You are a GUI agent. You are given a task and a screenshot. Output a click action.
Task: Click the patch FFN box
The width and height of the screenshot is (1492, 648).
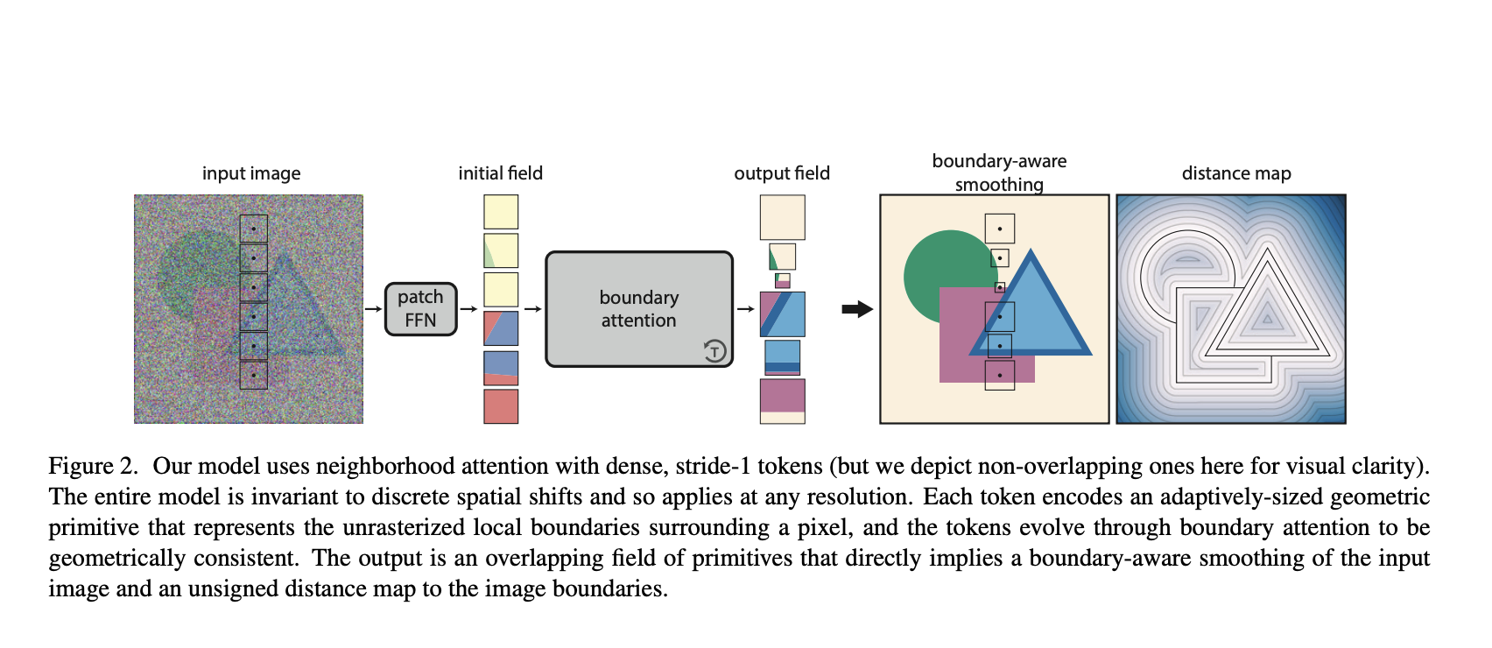pos(420,309)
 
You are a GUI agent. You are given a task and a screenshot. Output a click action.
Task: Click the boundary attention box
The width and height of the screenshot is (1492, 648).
pos(638,309)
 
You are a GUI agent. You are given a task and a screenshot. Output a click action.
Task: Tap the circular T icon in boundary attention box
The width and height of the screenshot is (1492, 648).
pos(714,351)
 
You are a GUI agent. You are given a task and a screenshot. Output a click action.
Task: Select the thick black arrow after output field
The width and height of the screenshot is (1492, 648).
pos(857,309)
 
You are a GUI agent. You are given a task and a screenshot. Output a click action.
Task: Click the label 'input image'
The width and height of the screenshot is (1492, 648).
pos(251,173)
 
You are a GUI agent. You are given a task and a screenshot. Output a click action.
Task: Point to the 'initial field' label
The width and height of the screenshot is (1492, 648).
pos(500,173)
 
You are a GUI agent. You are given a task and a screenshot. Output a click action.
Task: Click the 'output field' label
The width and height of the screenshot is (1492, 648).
pos(781,173)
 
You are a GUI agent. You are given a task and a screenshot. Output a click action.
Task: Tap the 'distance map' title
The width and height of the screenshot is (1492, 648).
pos(1235,173)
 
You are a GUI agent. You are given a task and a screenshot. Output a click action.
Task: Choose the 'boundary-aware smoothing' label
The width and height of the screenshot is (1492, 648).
pos(999,173)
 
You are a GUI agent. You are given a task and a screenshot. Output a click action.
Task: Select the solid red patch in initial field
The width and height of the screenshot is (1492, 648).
pos(501,406)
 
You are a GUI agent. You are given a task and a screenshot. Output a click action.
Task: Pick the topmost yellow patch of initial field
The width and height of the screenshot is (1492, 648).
pos(501,212)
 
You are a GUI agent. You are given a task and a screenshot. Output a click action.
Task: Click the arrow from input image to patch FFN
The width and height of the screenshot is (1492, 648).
pos(373,309)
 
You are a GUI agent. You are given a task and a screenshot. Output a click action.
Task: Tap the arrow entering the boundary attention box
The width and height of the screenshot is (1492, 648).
pos(532,309)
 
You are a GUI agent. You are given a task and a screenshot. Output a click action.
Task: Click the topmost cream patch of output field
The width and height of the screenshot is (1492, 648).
pos(782,217)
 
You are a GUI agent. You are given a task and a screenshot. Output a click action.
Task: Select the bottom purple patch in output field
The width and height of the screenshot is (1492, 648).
pos(782,396)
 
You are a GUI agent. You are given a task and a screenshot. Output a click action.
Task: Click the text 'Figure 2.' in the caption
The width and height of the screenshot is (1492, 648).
pos(93,467)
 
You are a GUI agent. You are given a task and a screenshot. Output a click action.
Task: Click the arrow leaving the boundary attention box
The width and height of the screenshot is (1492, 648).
pos(745,309)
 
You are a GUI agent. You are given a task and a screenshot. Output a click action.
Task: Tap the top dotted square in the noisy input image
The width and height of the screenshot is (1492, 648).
pos(254,229)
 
